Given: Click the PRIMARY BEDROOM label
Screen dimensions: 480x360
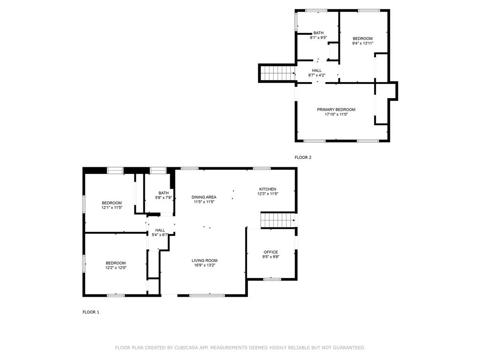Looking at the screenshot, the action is tap(336, 110).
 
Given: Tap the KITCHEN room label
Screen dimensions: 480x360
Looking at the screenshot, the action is tap(268, 189).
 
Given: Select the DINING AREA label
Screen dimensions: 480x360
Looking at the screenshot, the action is tap(204, 197).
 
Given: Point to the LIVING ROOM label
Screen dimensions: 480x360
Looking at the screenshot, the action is tap(204, 261).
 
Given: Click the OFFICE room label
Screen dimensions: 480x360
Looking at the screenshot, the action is tap(270, 252).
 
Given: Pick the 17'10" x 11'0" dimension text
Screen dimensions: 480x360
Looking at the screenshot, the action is tap(336, 114).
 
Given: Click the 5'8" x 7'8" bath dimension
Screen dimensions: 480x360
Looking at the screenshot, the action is tap(164, 198).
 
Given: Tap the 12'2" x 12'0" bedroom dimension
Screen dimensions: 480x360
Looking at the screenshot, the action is tap(116, 268).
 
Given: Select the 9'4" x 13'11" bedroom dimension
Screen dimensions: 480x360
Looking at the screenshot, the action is tap(362, 44).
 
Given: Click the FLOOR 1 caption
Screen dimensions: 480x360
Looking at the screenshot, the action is tap(91, 312).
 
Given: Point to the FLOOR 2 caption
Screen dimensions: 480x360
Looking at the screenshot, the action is tap(303, 157).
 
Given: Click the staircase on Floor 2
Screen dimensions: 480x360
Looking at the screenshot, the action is tap(277, 73).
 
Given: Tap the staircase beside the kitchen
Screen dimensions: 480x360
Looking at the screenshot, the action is tap(277, 220).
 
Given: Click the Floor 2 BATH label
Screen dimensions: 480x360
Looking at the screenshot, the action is tap(318, 33).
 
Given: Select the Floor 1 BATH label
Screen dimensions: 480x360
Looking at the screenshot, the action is tap(164, 193).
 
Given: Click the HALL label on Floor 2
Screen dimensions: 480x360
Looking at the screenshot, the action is tap(317, 70).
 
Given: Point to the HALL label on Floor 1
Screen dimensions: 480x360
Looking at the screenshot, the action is tap(160, 230).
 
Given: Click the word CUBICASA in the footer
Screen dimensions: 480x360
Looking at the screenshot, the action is tap(186, 348).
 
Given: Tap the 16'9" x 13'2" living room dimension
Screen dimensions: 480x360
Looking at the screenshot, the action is tap(204, 265).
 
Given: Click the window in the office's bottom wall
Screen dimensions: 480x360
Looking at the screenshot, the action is tap(272, 279).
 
